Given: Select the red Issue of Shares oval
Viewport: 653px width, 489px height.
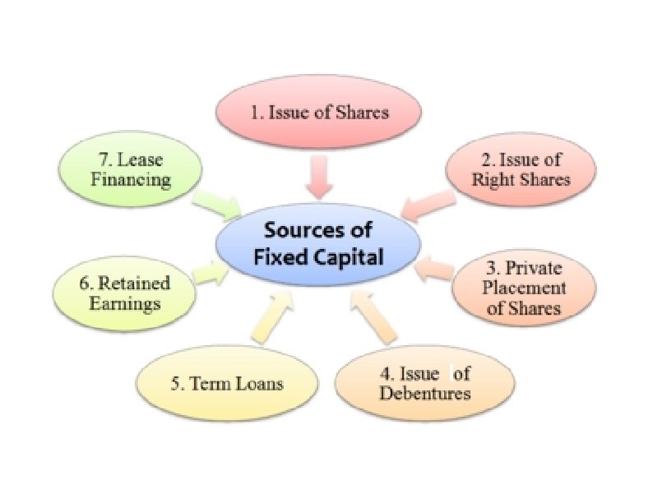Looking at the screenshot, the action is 318,113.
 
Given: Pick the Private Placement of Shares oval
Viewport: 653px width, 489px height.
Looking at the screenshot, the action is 523,288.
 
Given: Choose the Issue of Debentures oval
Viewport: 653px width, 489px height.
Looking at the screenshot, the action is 424,384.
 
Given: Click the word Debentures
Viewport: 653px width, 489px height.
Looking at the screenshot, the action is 424,394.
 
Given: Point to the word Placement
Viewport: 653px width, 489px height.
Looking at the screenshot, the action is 524,288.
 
